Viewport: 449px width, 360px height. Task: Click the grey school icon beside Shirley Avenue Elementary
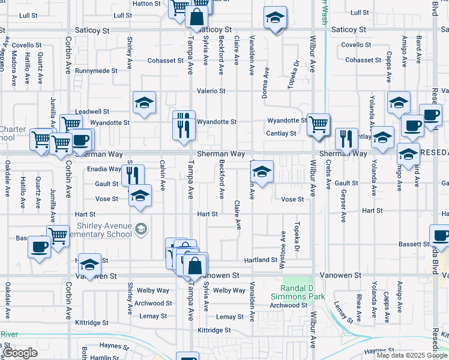(x=141, y=229)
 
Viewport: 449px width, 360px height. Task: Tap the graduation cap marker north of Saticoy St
(x=276, y=18)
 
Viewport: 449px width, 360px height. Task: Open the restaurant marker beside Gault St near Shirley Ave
(x=131, y=174)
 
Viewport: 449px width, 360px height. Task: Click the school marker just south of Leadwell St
(x=144, y=103)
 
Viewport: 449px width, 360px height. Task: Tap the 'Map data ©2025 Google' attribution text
(x=411, y=355)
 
